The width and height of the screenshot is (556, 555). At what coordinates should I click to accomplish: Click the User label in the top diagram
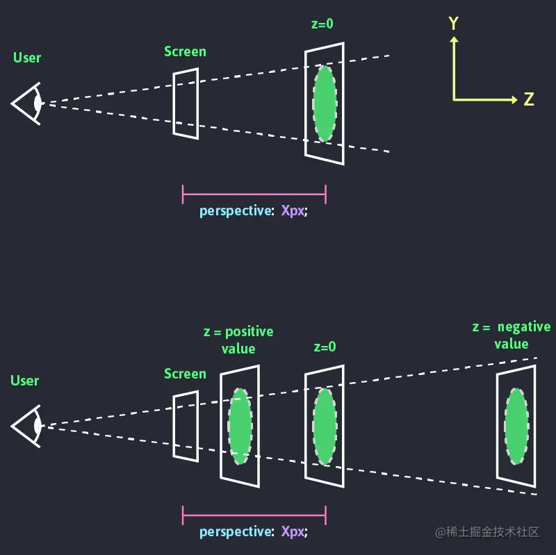(x=27, y=58)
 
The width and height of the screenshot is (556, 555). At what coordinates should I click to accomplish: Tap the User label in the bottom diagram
(x=25, y=381)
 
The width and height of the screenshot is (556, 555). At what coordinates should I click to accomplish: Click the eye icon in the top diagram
(x=28, y=103)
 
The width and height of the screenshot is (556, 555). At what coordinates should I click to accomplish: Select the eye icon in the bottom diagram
(x=28, y=426)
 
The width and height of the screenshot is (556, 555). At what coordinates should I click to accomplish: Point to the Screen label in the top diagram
(x=185, y=51)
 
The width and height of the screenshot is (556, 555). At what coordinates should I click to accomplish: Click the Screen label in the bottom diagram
(x=185, y=374)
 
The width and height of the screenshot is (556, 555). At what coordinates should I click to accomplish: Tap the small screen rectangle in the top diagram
(x=186, y=102)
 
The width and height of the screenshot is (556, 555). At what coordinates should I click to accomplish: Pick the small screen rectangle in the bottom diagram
(x=186, y=425)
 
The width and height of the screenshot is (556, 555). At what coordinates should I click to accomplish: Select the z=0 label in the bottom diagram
(x=324, y=347)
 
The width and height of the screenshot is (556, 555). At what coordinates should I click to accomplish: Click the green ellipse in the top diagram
(x=324, y=103)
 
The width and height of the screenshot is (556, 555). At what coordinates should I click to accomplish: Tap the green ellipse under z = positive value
(x=240, y=426)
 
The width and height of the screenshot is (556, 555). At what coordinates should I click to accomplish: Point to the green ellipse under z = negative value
(x=516, y=426)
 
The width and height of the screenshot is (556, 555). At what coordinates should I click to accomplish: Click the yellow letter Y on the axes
(x=453, y=24)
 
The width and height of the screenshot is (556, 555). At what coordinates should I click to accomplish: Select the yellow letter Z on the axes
(x=529, y=100)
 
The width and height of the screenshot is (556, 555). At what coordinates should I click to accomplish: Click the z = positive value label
(x=238, y=340)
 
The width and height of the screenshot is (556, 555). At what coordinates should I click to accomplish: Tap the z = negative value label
(x=512, y=336)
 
